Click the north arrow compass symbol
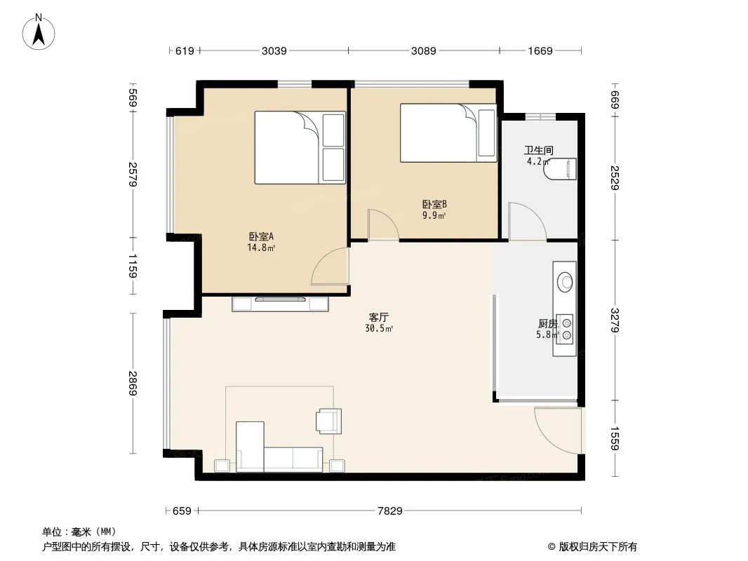[39, 32]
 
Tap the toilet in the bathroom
[560, 169]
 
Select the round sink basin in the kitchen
[566, 282]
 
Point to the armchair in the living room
[329, 421]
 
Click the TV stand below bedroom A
[280, 304]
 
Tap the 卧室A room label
[261, 236]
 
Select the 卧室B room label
[434, 205]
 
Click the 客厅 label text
[379, 318]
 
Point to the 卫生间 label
[539, 151]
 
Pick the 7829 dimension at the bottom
[390, 511]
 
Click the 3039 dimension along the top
[274, 50]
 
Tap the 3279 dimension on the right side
[615, 320]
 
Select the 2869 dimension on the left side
[133, 383]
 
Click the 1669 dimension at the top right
[540, 50]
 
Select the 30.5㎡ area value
[379, 328]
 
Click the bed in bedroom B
[448, 133]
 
